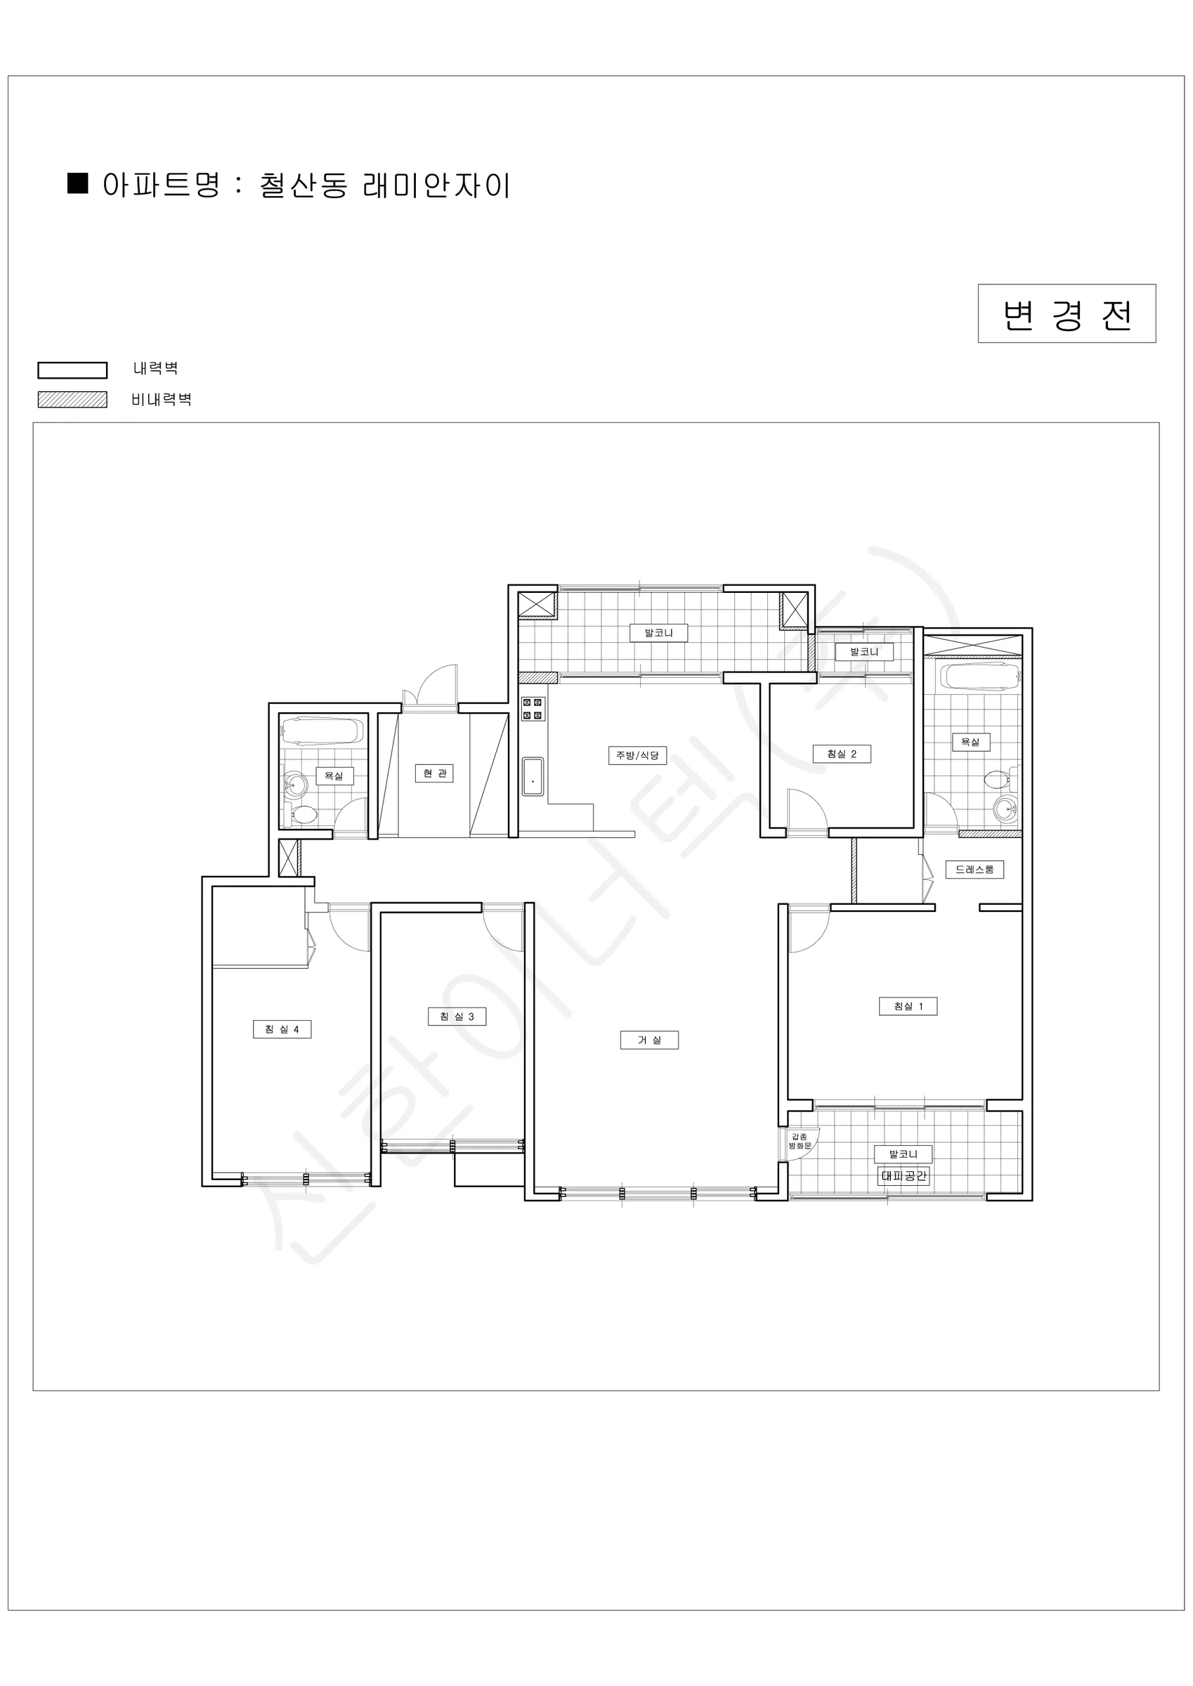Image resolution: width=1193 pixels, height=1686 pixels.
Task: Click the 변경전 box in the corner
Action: pos(1067,313)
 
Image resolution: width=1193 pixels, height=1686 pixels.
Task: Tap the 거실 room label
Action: pos(649,1040)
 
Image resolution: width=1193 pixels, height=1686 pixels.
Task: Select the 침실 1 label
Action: pos(908,1006)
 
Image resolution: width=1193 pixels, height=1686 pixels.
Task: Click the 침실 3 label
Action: pos(457,1017)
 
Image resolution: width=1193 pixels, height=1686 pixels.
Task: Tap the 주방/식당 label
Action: pos(638,755)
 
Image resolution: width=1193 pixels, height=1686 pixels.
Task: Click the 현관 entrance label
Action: pos(434,773)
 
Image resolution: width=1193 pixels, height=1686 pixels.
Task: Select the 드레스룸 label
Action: pos(974,870)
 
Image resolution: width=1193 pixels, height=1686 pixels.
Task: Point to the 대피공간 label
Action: pos(904,1176)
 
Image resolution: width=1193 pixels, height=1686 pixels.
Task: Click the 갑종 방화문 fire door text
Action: pos(800,1141)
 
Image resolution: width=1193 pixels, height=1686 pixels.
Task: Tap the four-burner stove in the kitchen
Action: pos(533,709)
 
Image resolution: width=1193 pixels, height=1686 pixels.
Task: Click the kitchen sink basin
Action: pos(533,777)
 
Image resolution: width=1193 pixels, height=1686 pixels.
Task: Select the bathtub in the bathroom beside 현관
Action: pos(322,731)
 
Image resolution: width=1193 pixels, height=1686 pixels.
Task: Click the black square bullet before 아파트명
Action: pos(78,183)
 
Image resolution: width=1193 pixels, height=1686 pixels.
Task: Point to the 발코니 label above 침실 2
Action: pos(865,651)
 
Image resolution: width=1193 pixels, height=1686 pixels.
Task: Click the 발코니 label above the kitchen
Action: pos(659,632)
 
